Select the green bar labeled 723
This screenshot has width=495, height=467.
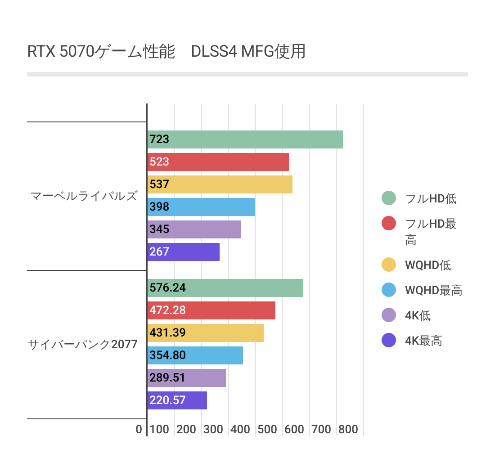pos(245,139)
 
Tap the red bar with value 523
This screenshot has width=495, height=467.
pos(218,162)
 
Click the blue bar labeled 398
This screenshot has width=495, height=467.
pos(201,207)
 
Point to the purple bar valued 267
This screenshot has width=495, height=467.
pos(183,252)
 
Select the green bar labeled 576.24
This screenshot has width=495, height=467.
pos(225,288)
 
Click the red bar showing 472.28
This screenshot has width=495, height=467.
pos(211,310)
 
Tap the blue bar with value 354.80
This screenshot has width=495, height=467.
pos(195,355)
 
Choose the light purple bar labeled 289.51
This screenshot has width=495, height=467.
pos(186,378)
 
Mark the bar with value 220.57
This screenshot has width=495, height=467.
pos(177,400)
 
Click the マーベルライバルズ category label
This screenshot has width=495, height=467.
pos(84,196)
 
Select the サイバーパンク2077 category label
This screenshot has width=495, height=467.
pos(83,345)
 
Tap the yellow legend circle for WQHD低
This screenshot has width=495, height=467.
pos(388,265)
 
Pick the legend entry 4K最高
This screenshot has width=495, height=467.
pos(423,341)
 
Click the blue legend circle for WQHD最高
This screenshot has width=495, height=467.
pos(388,290)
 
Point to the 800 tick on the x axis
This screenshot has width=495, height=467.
pos(348,430)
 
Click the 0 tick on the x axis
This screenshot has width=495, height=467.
pos(139,430)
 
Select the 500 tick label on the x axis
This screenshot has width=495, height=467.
pos(267,430)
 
